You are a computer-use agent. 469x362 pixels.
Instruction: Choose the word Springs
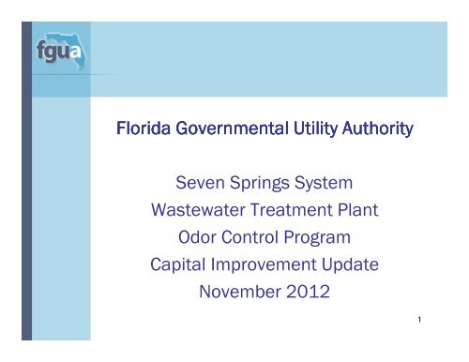[x=250, y=201]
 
